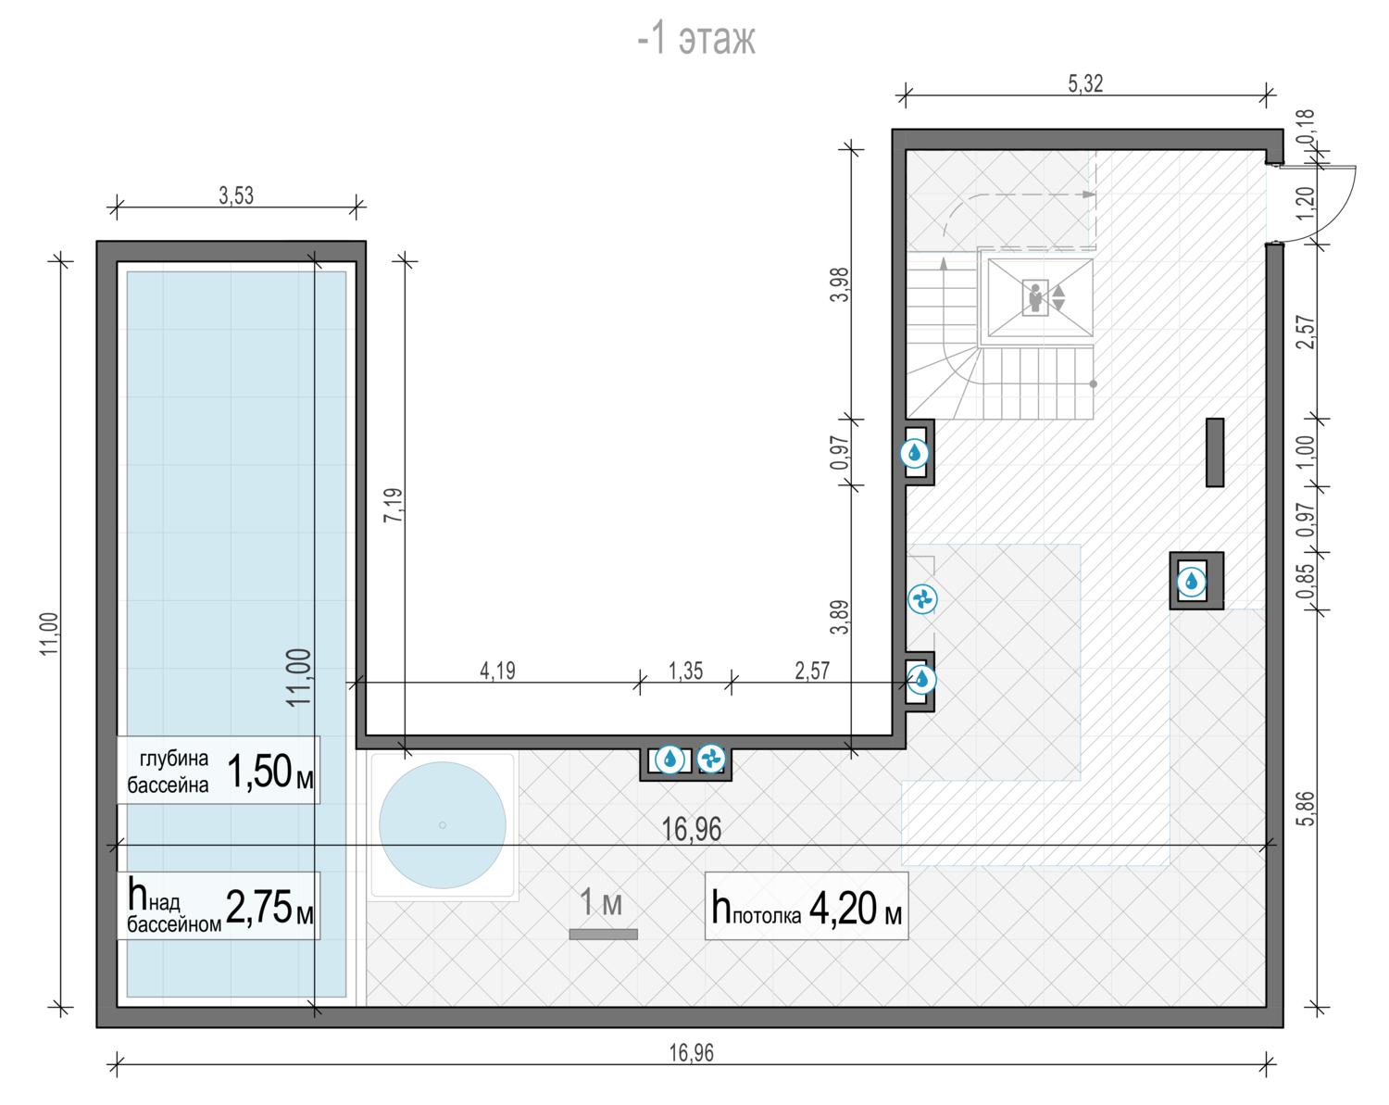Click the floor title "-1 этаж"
[x=695, y=39]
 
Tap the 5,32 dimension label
[x=1085, y=84]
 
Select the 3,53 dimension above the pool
[x=236, y=195]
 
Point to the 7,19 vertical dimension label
[x=393, y=505]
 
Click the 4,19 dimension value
[x=497, y=671]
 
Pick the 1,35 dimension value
[x=685, y=671]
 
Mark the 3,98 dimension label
[x=840, y=284]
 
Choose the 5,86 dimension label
[x=1305, y=809]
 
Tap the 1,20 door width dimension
[x=1305, y=203]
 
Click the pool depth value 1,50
[x=259, y=772]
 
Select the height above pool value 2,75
[x=259, y=907]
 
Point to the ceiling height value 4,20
[x=843, y=908]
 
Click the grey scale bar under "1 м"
[x=604, y=934]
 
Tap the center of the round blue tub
[x=442, y=824]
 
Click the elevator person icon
[x=1035, y=297]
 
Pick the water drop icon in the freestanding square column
[x=1191, y=582]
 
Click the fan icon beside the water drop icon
[x=710, y=759]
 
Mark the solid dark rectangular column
[x=1215, y=452]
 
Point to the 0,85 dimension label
[x=1305, y=582]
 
